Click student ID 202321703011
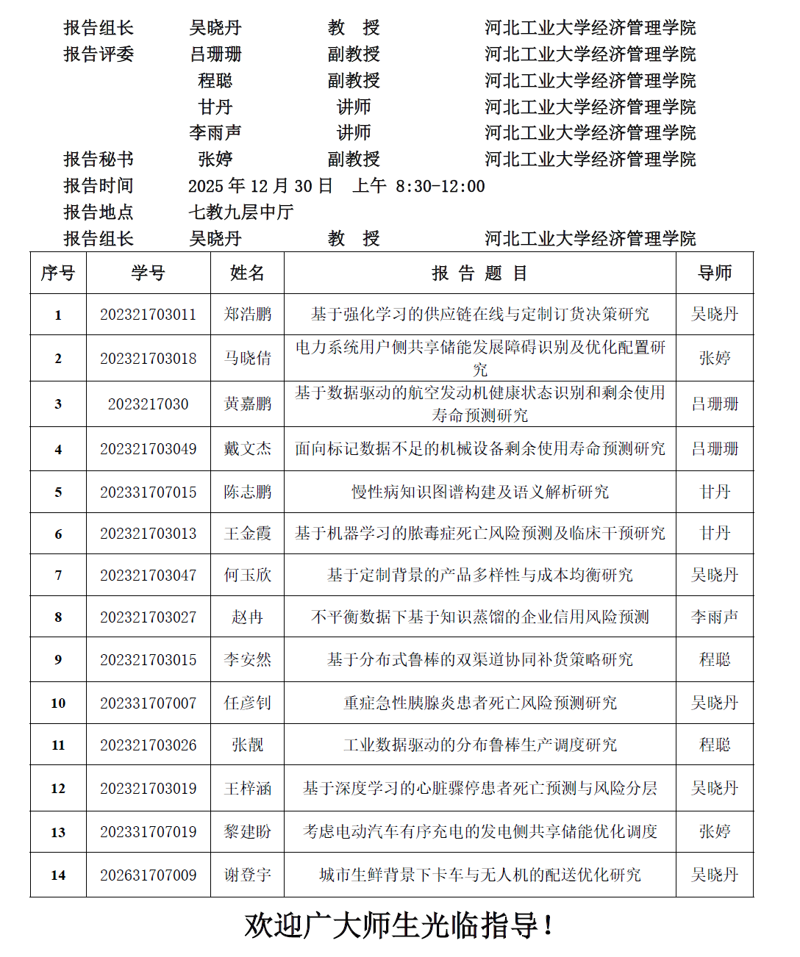[x=149, y=315]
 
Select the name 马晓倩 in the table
[x=248, y=358]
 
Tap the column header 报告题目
[x=479, y=273]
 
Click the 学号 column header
[x=149, y=273]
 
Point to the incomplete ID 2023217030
[x=149, y=404]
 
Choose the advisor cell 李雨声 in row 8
[x=715, y=617]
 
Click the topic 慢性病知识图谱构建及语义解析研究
[x=479, y=492]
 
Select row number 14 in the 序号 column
[x=58, y=875]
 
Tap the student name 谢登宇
[x=248, y=875]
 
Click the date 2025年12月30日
[x=260, y=186]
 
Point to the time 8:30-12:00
[x=440, y=186]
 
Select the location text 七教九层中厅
[x=241, y=212]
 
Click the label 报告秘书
[x=99, y=159]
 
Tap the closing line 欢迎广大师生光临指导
[x=399, y=925]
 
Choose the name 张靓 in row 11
[x=248, y=745]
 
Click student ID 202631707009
[x=149, y=875]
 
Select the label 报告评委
[x=99, y=54]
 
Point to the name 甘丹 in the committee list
[x=215, y=107]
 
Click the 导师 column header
[x=715, y=273]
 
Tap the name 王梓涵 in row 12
[x=248, y=788]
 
